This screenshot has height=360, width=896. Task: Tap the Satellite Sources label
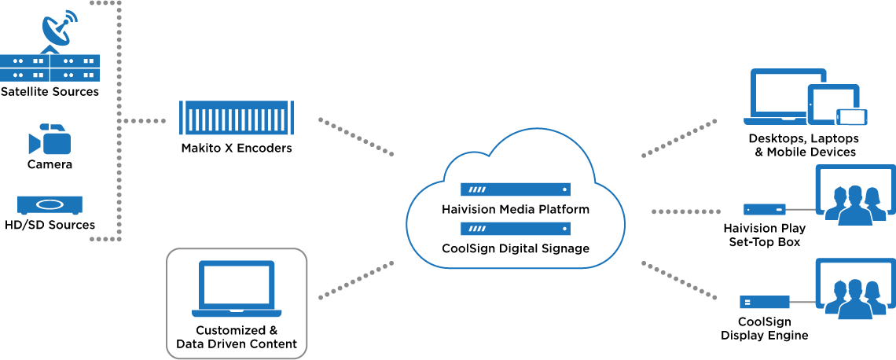[50, 91]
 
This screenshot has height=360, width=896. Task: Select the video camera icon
[50, 139]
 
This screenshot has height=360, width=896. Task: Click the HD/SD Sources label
[50, 225]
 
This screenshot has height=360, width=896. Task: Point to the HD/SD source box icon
[50, 205]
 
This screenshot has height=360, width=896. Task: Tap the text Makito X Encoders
[237, 148]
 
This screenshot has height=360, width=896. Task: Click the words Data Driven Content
[237, 344]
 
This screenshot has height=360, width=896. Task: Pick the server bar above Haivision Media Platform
[516, 189]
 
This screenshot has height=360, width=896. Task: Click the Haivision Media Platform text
[516, 209]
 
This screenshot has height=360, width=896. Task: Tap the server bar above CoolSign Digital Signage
[516, 230]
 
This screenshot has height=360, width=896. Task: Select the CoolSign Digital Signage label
[516, 248]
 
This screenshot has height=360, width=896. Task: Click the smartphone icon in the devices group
[852, 116]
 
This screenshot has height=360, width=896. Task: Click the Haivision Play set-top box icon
[765, 209]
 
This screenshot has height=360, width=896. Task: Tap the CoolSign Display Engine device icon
[765, 302]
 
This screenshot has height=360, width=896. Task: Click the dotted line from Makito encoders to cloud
[356, 137]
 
